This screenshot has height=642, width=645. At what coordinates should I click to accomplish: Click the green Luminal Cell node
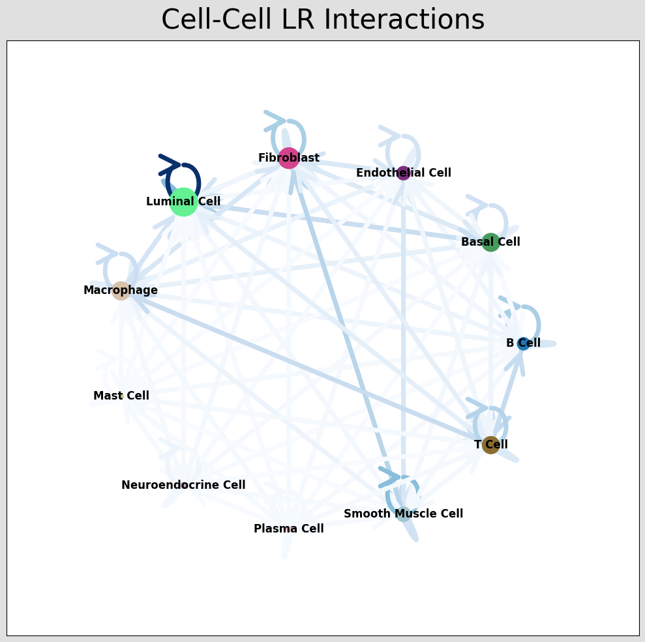coord(184,202)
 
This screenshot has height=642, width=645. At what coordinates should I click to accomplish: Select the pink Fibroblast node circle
coord(288,158)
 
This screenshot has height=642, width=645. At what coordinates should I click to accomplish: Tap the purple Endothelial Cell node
coord(403,173)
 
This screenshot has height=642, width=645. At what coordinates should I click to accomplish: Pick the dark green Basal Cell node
coord(490,242)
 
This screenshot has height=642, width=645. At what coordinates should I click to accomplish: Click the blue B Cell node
coord(523,343)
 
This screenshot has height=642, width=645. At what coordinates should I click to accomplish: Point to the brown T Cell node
coord(490,445)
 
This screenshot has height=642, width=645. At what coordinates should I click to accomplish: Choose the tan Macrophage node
coord(121,291)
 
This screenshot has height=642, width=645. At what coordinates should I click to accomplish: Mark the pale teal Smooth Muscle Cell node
coord(403,514)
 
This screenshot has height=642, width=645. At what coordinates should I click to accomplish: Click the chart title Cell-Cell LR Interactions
coord(323,20)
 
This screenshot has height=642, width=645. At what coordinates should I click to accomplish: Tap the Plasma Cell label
coord(288,529)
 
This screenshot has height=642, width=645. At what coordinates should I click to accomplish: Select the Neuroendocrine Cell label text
coord(183,485)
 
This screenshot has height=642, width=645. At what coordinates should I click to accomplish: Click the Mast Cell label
coord(121,396)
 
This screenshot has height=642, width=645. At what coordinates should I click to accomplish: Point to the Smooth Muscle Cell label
coord(403,514)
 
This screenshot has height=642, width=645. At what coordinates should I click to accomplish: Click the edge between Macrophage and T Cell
coord(307,368)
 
